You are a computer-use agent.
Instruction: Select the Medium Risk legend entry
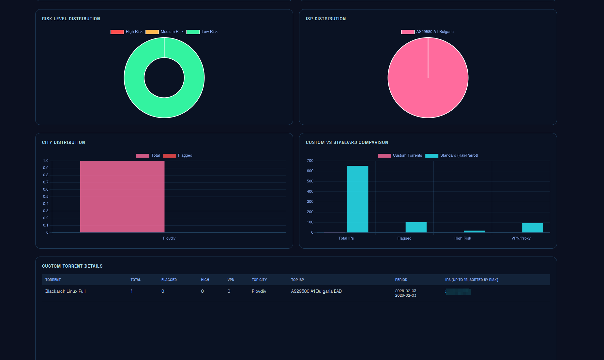(x=164, y=32)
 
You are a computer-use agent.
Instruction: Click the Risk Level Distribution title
(x=71, y=19)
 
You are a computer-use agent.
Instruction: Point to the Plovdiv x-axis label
(x=169, y=238)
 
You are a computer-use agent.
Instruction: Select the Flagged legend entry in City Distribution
(x=178, y=155)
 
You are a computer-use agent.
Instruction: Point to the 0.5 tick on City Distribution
(x=46, y=196)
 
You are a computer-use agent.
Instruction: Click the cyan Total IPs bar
(x=357, y=199)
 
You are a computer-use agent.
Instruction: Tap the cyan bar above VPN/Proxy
(x=532, y=228)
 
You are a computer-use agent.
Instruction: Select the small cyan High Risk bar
(x=474, y=231)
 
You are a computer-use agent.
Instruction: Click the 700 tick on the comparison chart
(x=310, y=161)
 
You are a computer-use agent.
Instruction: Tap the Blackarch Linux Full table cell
(x=65, y=291)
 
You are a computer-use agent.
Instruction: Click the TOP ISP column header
(x=297, y=280)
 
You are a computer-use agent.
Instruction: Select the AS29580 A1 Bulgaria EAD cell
(x=316, y=291)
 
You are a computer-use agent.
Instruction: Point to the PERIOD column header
(x=401, y=280)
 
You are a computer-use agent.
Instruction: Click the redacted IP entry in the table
(x=458, y=292)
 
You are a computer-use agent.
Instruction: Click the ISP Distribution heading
(x=325, y=19)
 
